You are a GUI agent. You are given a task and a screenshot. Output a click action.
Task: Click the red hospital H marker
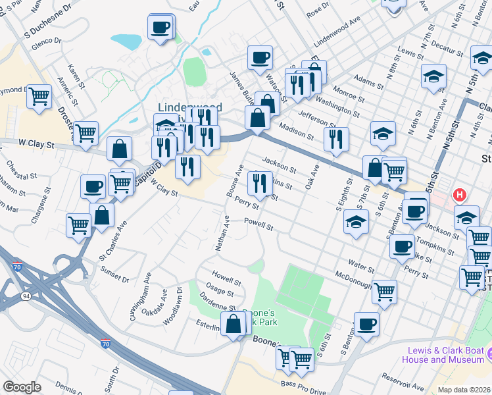click(x=460, y=196)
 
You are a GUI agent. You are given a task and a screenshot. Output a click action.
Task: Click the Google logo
click(x=22, y=387)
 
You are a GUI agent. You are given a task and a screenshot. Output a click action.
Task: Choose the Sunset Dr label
click(x=114, y=275)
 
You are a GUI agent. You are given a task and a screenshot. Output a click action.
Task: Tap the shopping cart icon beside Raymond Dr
click(x=39, y=96)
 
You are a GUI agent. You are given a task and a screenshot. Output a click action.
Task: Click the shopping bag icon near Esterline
click(x=234, y=324)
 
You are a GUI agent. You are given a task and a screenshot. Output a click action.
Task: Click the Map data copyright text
click(x=464, y=390)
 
